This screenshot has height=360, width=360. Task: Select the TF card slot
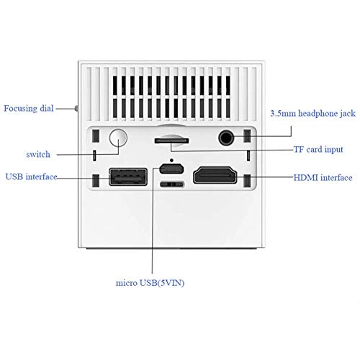[172, 140]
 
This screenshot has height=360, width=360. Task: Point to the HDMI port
[214, 176]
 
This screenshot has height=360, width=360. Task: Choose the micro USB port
[171, 169]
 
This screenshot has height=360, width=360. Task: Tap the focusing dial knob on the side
[76, 109]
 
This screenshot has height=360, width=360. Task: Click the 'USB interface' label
[32, 176]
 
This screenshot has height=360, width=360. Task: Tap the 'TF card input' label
[317, 150]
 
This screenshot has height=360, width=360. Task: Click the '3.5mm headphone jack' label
[312, 112]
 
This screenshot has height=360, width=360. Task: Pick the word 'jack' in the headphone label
[345, 112]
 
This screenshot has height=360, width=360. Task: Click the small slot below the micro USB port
[171, 185]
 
